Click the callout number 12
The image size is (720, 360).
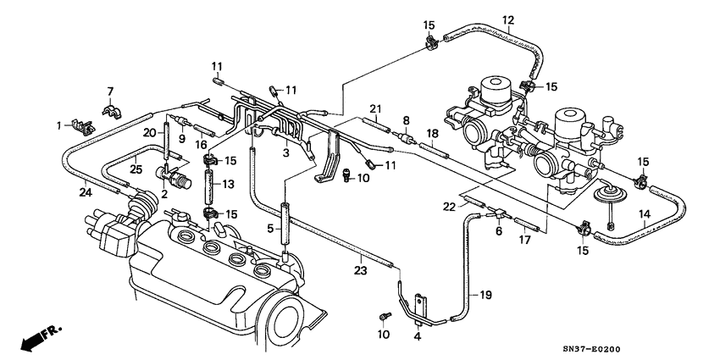pos(508,20)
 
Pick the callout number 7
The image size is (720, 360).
pos(110,91)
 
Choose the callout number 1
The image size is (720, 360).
pos(60,125)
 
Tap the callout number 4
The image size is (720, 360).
pos(417,337)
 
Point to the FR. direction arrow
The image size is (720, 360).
pos(34,341)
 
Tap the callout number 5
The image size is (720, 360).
pos(270,229)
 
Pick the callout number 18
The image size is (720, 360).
pos(432,134)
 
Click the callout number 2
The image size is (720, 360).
pos(164,193)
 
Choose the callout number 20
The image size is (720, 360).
pos(147,132)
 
